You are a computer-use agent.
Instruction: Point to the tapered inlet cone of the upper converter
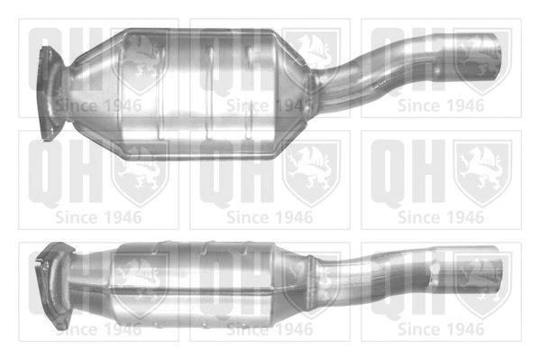tap(90, 90)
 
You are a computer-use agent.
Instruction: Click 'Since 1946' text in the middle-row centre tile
tap(270, 217)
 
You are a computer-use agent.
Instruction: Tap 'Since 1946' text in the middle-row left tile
tap(98, 217)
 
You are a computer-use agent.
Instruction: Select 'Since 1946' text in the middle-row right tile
tap(441, 217)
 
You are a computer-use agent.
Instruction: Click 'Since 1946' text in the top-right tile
tap(441, 105)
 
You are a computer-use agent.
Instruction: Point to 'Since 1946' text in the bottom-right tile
tap(441, 329)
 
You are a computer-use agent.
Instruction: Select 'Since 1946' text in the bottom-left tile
tap(98, 329)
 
